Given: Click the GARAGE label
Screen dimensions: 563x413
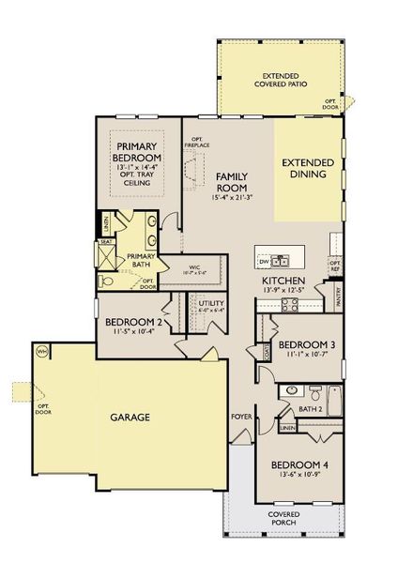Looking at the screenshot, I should [130, 417].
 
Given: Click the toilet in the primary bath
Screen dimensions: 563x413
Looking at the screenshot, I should [105, 280].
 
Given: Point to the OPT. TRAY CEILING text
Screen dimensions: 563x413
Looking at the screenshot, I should [139, 178].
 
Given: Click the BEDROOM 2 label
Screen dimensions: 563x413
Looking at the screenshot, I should [134, 321].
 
